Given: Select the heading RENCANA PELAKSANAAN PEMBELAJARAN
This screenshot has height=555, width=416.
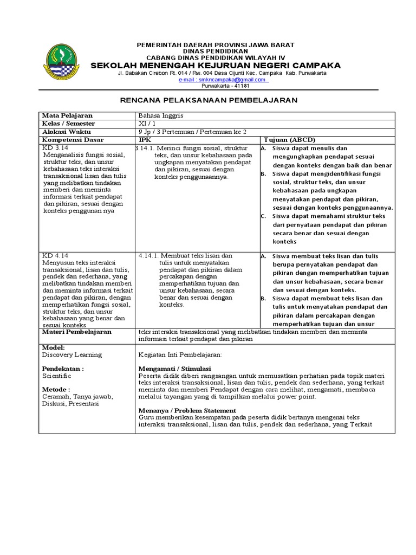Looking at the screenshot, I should (x=208, y=100).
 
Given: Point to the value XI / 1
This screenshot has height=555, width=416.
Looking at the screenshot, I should (x=146, y=124).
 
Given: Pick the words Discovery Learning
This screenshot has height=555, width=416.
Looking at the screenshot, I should (x=72, y=354).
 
